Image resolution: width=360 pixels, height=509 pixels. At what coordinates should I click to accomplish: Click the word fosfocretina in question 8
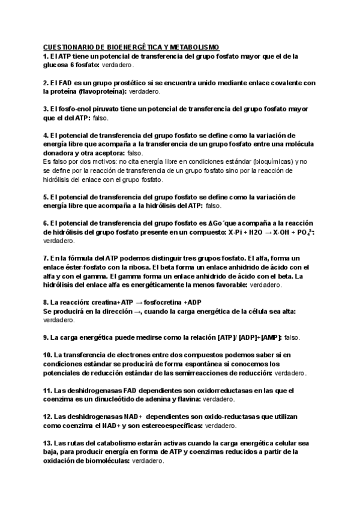[x=166, y=303]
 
